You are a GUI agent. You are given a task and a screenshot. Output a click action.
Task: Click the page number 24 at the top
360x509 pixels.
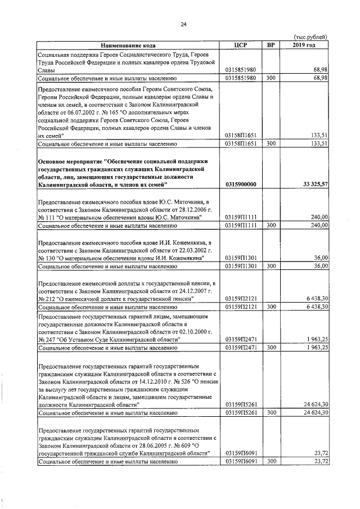183,24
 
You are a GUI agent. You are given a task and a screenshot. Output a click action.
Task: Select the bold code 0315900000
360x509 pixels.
240,184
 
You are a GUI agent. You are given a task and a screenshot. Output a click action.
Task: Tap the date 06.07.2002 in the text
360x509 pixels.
74,112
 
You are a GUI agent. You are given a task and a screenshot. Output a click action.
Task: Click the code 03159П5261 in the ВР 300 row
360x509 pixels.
240,412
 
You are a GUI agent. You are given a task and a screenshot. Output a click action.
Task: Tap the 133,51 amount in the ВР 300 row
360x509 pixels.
319,143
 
